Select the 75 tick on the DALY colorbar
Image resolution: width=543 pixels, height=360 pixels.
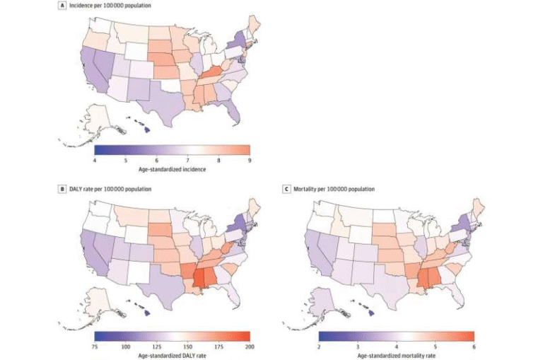click(x=94, y=346)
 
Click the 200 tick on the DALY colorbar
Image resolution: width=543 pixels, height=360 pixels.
click(x=249, y=346)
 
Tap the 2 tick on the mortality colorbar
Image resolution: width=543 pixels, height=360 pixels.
click(x=319, y=346)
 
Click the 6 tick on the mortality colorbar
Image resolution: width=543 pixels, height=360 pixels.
click(x=473, y=346)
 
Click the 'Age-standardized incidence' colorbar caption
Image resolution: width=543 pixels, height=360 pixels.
click(x=172, y=170)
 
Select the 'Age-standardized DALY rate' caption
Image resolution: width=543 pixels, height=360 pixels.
click(x=172, y=354)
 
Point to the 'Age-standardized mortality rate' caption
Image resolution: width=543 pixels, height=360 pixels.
click(x=396, y=354)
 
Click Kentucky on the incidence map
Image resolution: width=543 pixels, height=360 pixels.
click(x=211, y=74)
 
